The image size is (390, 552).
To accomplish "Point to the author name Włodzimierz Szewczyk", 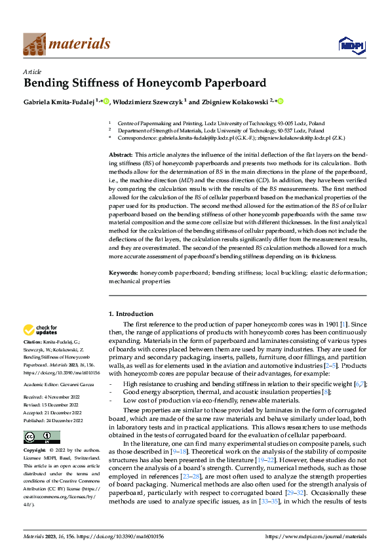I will coord(149,102).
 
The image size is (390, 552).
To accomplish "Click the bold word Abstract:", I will coord(122,153).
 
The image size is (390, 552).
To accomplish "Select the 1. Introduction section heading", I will coord(131,314).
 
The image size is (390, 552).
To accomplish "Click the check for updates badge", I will coord(41,330).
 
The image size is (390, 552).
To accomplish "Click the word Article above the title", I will coord(32,71).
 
